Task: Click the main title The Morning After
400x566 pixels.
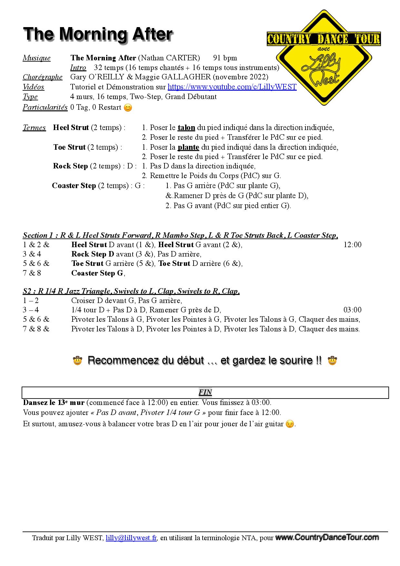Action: [98, 34]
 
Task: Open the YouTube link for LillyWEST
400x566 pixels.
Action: [232, 87]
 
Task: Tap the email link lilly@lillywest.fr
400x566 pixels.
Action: [131, 538]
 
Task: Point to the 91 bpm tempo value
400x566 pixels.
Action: [225, 58]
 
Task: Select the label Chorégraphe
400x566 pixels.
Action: [43, 77]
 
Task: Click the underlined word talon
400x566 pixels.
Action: [186, 128]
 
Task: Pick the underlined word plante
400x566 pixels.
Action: [188, 147]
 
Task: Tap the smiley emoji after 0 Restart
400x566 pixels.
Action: [128, 108]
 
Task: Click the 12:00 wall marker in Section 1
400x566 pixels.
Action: [352, 245]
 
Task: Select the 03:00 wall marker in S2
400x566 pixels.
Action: [352, 310]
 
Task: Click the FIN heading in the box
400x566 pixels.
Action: [205, 392]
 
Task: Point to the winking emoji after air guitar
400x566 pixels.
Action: [290, 424]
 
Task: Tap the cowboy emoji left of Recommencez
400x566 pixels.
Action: [78, 360]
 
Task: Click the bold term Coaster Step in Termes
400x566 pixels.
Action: [74, 186]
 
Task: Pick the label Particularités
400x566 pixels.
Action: [45, 107]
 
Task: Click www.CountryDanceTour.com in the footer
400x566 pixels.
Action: [327, 538]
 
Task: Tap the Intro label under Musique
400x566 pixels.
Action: [78, 68]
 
